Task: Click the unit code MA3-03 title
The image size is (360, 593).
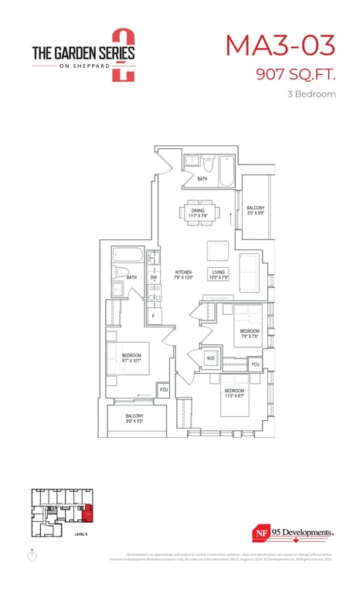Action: (x=280, y=46)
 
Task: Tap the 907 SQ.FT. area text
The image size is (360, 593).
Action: (x=297, y=75)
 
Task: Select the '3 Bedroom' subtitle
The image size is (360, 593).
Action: (x=311, y=94)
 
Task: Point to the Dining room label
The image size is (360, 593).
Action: (x=199, y=213)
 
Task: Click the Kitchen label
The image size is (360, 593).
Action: (x=183, y=275)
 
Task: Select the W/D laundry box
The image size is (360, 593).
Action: (x=210, y=358)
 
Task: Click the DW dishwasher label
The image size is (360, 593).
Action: (x=154, y=277)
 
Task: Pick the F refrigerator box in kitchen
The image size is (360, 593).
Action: (x=154, y=316)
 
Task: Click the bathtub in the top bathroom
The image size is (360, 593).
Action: (x=226, y=170)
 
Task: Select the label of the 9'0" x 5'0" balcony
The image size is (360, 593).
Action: (x=134, y=418)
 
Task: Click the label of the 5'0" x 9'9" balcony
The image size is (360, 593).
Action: (x=255, y=210)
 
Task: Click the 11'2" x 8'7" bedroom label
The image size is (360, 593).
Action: (x=234, y=394)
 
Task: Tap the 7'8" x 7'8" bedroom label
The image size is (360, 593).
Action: (x=249, y=334)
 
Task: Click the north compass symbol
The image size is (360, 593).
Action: (x=32, y=556)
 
